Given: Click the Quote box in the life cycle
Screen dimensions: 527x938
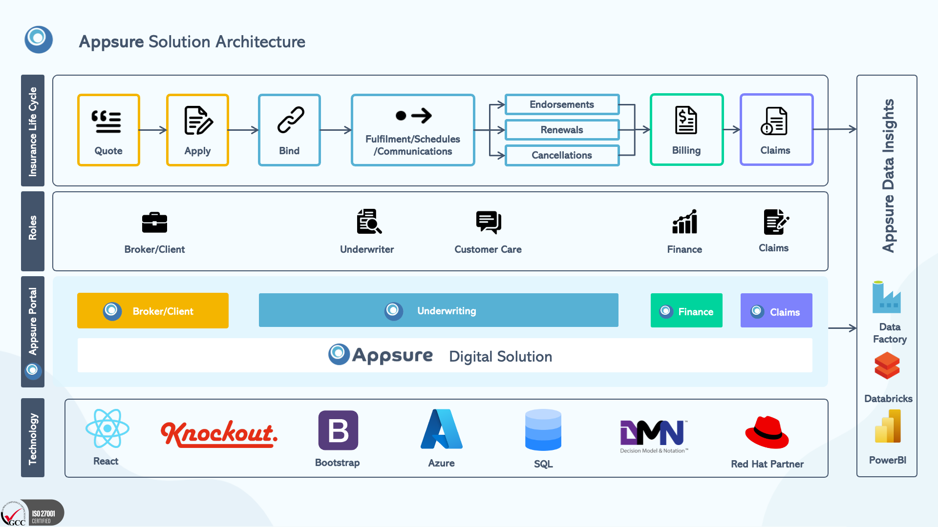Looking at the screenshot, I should tap(108, 130).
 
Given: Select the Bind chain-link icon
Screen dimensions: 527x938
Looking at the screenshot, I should tap(291, 120).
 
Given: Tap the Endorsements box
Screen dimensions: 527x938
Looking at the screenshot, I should tap(562, 104).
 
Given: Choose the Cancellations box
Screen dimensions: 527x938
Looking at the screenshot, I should tap(562, 155).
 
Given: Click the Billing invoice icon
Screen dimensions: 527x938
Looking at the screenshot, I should tap(686, 120).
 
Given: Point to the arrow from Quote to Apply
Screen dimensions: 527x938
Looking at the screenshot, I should tap(153, 130).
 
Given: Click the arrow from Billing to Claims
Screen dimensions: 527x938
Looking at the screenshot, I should tap(731, 129).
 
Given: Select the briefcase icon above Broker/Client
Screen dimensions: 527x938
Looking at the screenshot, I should tap(154, 223).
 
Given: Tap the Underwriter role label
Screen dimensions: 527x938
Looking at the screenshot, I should tap(367, 249).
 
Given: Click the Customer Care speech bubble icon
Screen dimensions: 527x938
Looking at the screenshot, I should tap(489, 222).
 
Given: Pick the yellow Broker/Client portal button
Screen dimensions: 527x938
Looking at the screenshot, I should tap(153, 311).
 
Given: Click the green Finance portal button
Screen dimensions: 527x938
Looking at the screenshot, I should tap(686, 311).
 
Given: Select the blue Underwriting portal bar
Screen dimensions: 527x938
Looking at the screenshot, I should tap(438, 310).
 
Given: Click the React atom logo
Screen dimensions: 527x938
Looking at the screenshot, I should tap(107, 428).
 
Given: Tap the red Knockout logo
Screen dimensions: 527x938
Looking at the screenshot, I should tap(219, 433).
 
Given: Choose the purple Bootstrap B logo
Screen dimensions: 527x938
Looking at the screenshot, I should tap(338, 430).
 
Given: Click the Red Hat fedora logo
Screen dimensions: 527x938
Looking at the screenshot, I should tap(767, 432).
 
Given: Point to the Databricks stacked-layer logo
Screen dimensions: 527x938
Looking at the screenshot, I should tap(887, 366).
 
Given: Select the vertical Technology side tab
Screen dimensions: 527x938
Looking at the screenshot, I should tap(33, 438).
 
